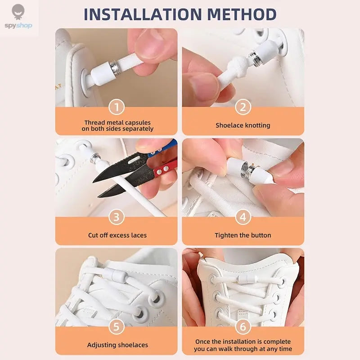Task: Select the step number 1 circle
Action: [117, 107]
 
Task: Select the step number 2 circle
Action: [243, 107]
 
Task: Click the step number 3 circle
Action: [117, 217]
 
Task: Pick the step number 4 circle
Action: [243, 217]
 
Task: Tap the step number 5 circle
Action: [117, 327]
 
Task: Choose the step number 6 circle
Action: [243, 327]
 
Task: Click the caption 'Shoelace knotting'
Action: [243, 126]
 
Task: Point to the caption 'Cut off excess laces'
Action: [117, 235]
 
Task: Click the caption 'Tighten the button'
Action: [243, 235]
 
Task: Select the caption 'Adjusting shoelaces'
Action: [117, 345]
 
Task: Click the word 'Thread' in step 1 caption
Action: [94, 122]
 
